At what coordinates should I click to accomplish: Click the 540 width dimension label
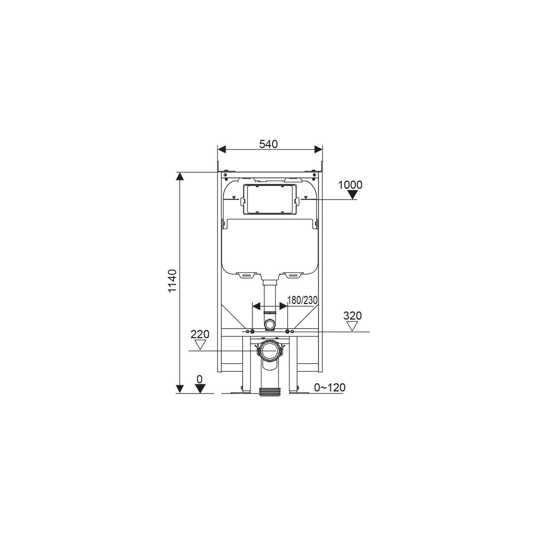pyautogui.click(x=268, y=144)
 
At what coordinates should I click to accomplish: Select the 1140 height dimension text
pyautogui.click(x=172, y=281)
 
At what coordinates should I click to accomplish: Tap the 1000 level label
pyautogui.click(x=350, y=185)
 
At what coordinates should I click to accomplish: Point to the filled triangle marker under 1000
pyautogui.click(x=352, y=195)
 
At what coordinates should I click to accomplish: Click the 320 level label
pyautogui.click(x=352, y=316)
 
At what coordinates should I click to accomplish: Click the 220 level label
pyautogui.click(x=200, y=334)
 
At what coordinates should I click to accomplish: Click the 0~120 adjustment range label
pyautogui.click(x=330, y=388)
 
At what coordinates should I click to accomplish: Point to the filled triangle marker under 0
pyautogui.click(x=200, y=389)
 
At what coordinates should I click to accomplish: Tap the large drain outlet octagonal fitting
pyautogui.click(x=270, y=351)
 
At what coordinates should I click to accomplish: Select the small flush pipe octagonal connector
pyautogui.click(x=270, y=325)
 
